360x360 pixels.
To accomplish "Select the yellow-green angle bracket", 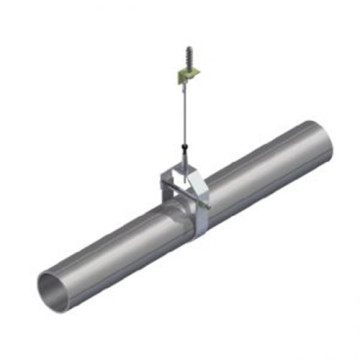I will [x=185, y=72].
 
